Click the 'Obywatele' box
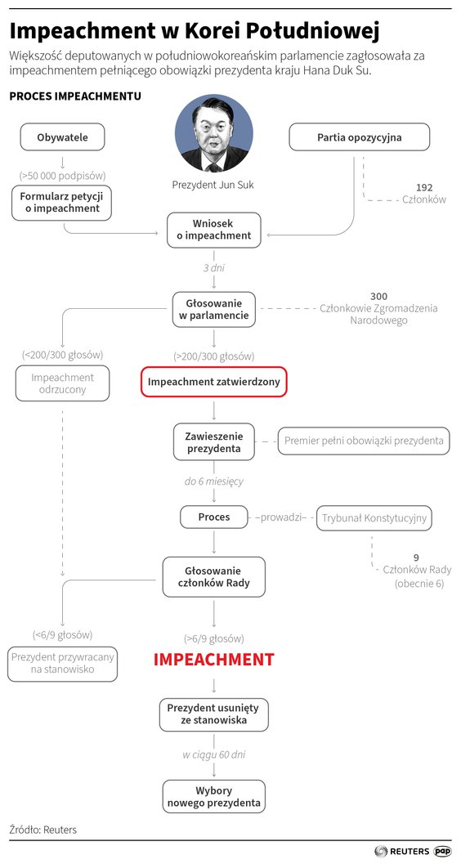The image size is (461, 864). coord(62,137)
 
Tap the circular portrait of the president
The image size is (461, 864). coord(214,133)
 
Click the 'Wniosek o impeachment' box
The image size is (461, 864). coord(214,230)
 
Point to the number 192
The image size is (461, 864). coord(424,187)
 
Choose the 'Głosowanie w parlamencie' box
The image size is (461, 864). coord(214,310)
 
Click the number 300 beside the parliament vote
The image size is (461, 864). coord(378,296)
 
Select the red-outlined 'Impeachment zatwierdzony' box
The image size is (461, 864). coord(214,382)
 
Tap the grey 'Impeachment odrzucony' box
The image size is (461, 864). coord(62,383)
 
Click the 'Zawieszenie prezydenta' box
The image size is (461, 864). coord(214,442)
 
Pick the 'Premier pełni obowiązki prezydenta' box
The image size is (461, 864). coord(364,441)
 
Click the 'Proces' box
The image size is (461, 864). coord(214,517)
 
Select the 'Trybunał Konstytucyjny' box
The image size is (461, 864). coord(373,518)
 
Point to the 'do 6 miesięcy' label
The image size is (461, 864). coord(214,481)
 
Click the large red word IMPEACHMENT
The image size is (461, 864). coord(214,660)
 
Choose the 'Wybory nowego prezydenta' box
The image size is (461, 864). coord(214,797)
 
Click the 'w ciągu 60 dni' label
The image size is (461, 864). coord(214,754)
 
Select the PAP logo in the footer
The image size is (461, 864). coord(442,851)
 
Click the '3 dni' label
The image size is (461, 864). coord(214,268)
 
